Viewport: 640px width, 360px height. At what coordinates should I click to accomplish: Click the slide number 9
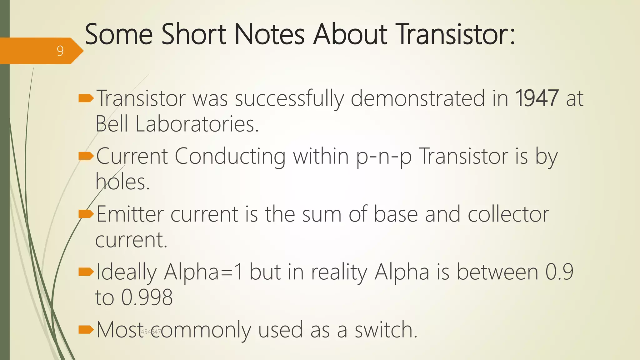click(x=60, y=51)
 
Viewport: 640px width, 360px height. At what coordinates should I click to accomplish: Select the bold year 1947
click(x=536, y=98)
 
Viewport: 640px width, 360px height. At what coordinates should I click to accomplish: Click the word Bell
click(x=112, y=124)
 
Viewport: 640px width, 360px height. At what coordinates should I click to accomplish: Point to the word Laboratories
click(x=197, y=124)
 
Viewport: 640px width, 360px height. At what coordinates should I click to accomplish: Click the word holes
click(x=122, y=182)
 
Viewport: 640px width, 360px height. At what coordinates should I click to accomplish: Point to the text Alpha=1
click(x=203, y=272)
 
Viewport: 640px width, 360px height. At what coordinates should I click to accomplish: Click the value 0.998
click(x=147, y=297)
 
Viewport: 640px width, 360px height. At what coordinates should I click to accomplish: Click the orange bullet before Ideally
click(x=86, y=272)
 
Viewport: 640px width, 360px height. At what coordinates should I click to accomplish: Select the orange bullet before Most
click(x=86, y=329)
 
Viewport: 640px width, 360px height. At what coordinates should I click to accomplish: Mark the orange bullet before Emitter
click(x=86, y=214)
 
